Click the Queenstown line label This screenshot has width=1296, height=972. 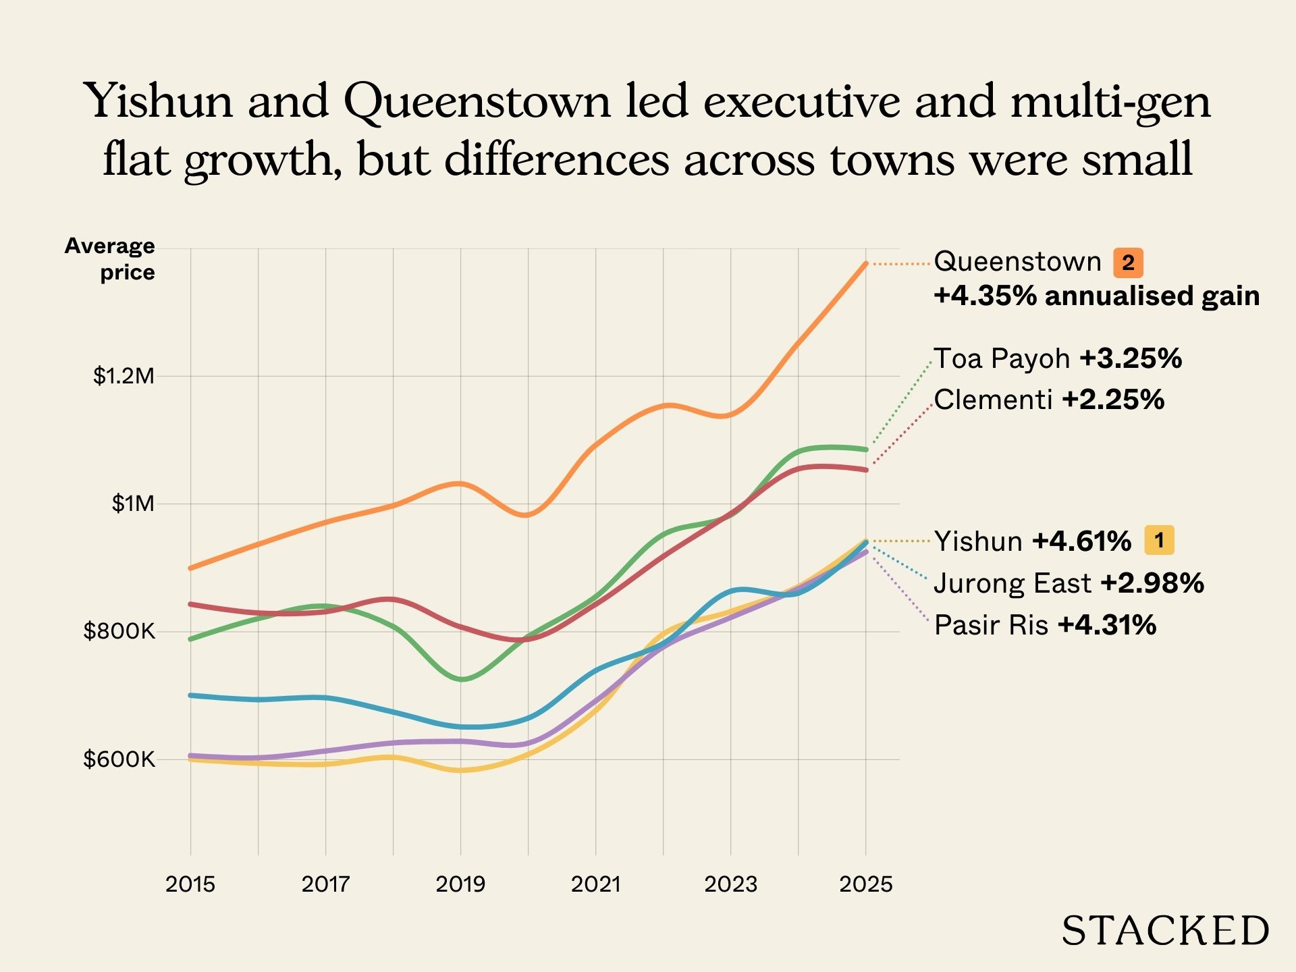point(1017,261)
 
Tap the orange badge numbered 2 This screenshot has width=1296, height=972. point(1128,263)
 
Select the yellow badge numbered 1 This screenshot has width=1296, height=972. point(1159,540)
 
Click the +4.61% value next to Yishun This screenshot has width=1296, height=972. point(1081,541)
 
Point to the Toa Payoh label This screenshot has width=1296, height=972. point(1002,358)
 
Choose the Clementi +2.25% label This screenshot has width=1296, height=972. point(1049,400)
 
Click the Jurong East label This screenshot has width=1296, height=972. point(1013,583)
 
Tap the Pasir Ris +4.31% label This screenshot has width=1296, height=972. point(1045,625)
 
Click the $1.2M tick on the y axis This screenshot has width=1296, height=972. point(124,376)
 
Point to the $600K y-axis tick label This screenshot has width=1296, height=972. point(119,759)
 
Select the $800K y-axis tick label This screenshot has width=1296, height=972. point(119,632)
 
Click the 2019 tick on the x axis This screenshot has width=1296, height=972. point(460,884)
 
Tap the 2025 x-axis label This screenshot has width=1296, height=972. point(865,884)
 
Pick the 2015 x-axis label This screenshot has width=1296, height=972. point(190,884)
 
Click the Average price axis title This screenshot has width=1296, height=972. point(110,259)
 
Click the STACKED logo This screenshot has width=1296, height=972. point(1165,931)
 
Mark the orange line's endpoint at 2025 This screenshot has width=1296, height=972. point(865,264)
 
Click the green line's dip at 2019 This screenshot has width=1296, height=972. point(461,679)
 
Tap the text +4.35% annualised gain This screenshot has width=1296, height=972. point(1096,296)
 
